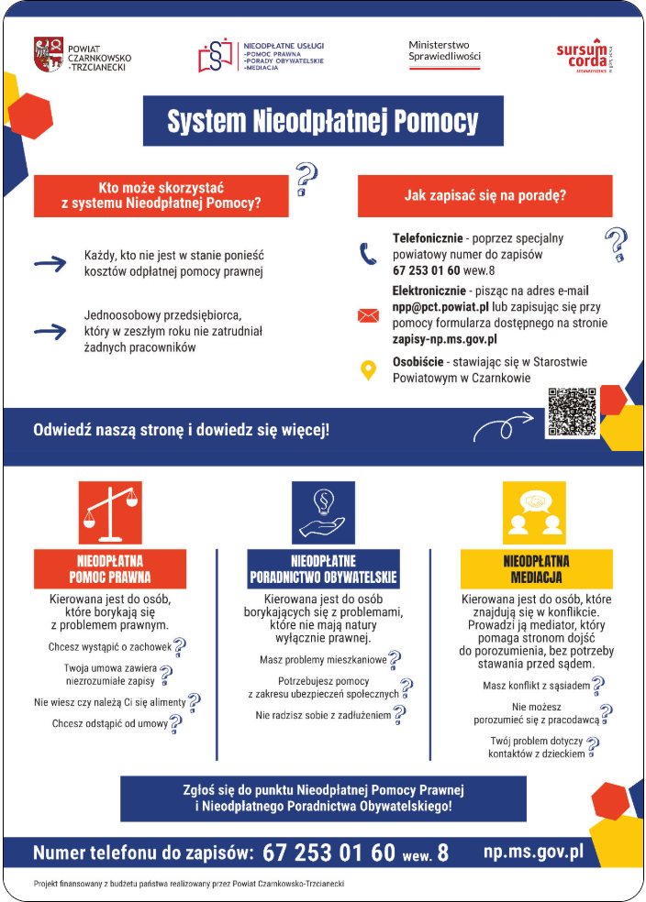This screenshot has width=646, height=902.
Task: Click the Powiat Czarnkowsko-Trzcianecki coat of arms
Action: pos(48,54)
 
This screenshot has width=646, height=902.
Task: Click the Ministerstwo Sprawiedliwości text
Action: pos(444,50)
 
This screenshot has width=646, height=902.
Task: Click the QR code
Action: pos(571,412)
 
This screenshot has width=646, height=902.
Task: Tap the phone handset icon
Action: pos(368,253)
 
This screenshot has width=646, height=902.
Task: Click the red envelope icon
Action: pos(368,316)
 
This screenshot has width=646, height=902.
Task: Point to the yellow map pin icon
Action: pos(368,370)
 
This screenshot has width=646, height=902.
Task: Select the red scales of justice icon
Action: pos(110,513)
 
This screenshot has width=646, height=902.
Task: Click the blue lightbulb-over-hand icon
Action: pos(323,513)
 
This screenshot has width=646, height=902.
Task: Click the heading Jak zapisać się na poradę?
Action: pos(484,195)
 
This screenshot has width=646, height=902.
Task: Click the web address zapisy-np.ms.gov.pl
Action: pos(445,338)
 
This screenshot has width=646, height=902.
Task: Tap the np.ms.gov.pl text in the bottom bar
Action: pos(533,852)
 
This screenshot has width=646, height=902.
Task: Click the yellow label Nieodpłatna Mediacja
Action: pos(536,568)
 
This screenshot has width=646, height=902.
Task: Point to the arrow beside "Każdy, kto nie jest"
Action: pos(50,264)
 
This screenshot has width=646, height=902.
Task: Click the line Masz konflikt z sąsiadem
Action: pos(536,686)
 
